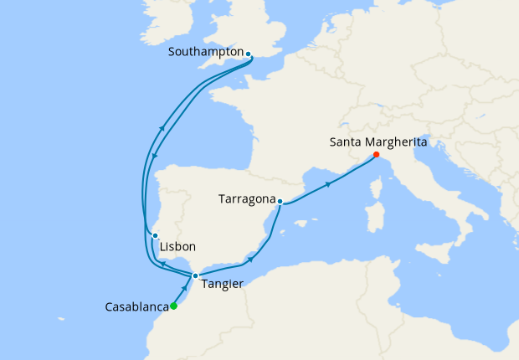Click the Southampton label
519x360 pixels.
[206, 52]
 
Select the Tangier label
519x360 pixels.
[223, 284]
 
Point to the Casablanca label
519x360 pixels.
[136, 307]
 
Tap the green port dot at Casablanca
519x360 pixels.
[173, 306]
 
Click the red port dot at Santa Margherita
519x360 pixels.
[376, 155]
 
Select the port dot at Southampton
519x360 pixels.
[249, 54]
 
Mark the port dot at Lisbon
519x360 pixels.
[156, 236]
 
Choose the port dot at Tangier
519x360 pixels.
[195, 275]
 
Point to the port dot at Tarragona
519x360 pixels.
[280, 201]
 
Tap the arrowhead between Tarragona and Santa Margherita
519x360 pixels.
[329, 184]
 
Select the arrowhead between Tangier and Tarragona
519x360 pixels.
[247, 257]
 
